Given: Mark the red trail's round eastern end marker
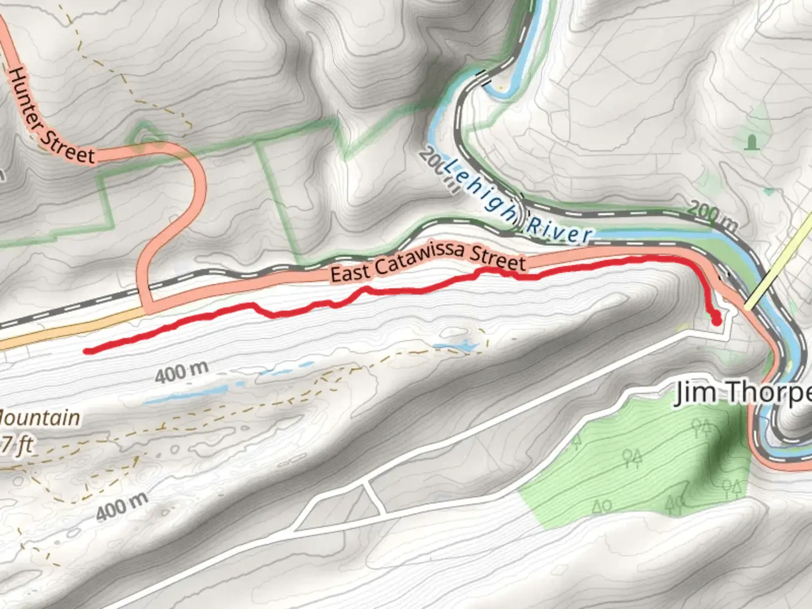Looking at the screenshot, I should pyautogui.click(x=717, y=322).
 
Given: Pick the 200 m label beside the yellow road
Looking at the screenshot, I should pyautogui.click(x=712, y=216).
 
